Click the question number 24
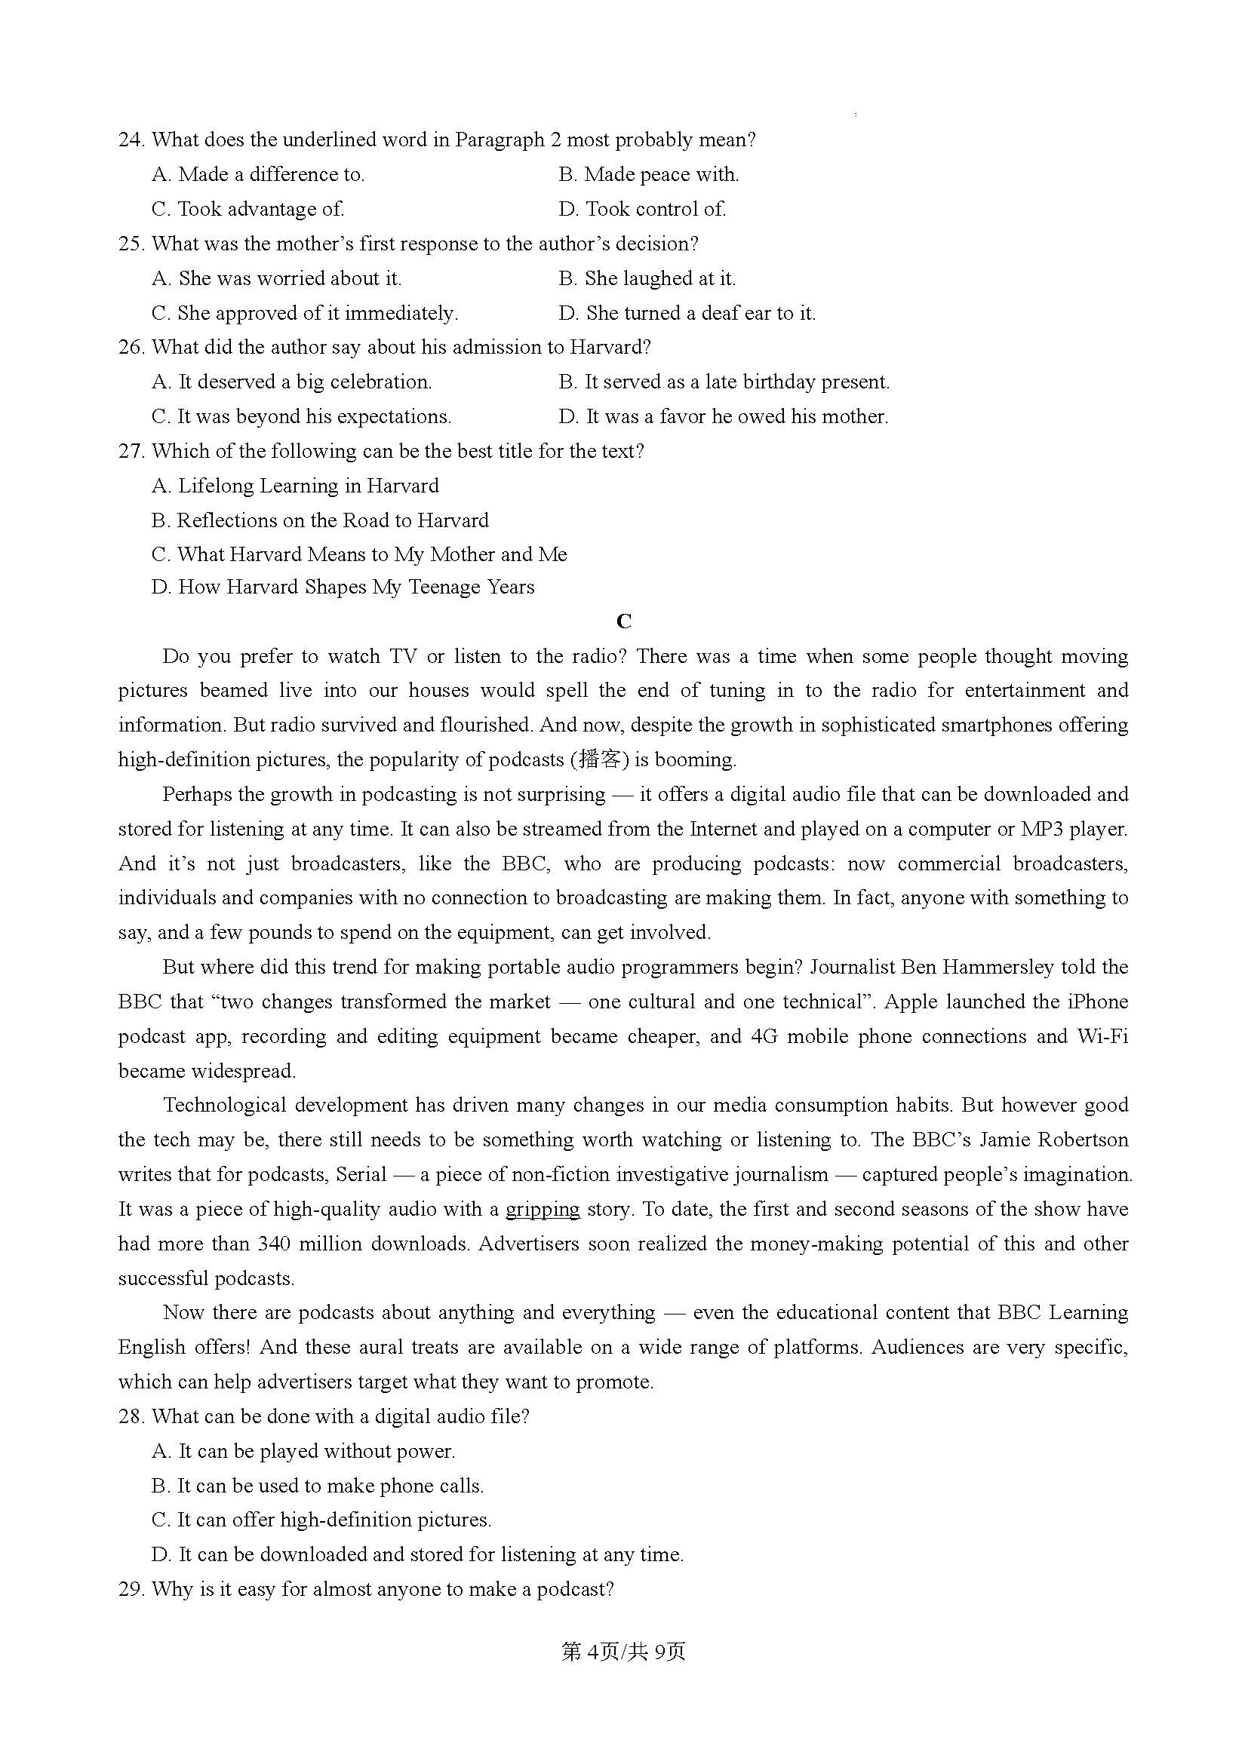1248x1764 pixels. (131, 140)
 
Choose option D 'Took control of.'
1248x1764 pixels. (642, 209)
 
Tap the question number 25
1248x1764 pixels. (131, 244)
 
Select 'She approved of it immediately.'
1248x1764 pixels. (304, 314)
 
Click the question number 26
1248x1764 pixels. (131, 347)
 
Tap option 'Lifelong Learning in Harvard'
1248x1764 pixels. (295, 486)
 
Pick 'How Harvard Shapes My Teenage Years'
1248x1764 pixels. (343, 587)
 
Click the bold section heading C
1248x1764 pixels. (623, 621)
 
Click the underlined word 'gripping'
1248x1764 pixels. (542, 1209)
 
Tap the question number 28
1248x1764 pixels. (131, 1417)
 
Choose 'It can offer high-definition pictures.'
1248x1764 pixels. (321, 1520)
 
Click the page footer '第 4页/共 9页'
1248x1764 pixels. (623, 1652)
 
